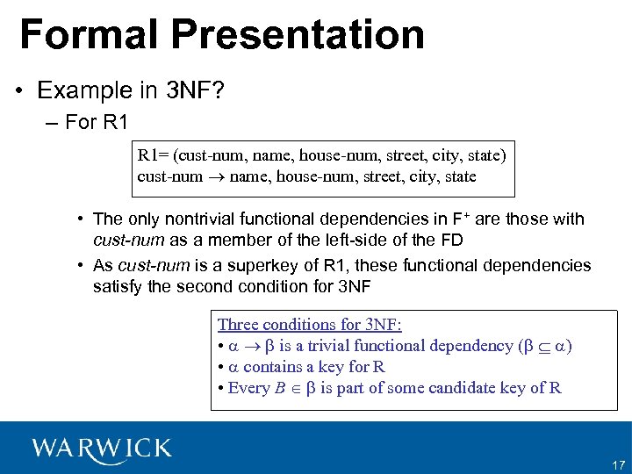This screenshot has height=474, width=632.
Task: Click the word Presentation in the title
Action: pos(298,34)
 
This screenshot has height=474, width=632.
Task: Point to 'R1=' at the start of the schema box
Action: pos(154,156)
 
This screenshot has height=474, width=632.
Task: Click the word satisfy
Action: pos(119,286)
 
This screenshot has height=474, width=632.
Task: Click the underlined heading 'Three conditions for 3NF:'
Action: pos(309,325)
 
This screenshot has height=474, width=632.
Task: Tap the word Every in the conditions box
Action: pos(248,388)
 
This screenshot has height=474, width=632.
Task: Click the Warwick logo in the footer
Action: pos(102,448)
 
